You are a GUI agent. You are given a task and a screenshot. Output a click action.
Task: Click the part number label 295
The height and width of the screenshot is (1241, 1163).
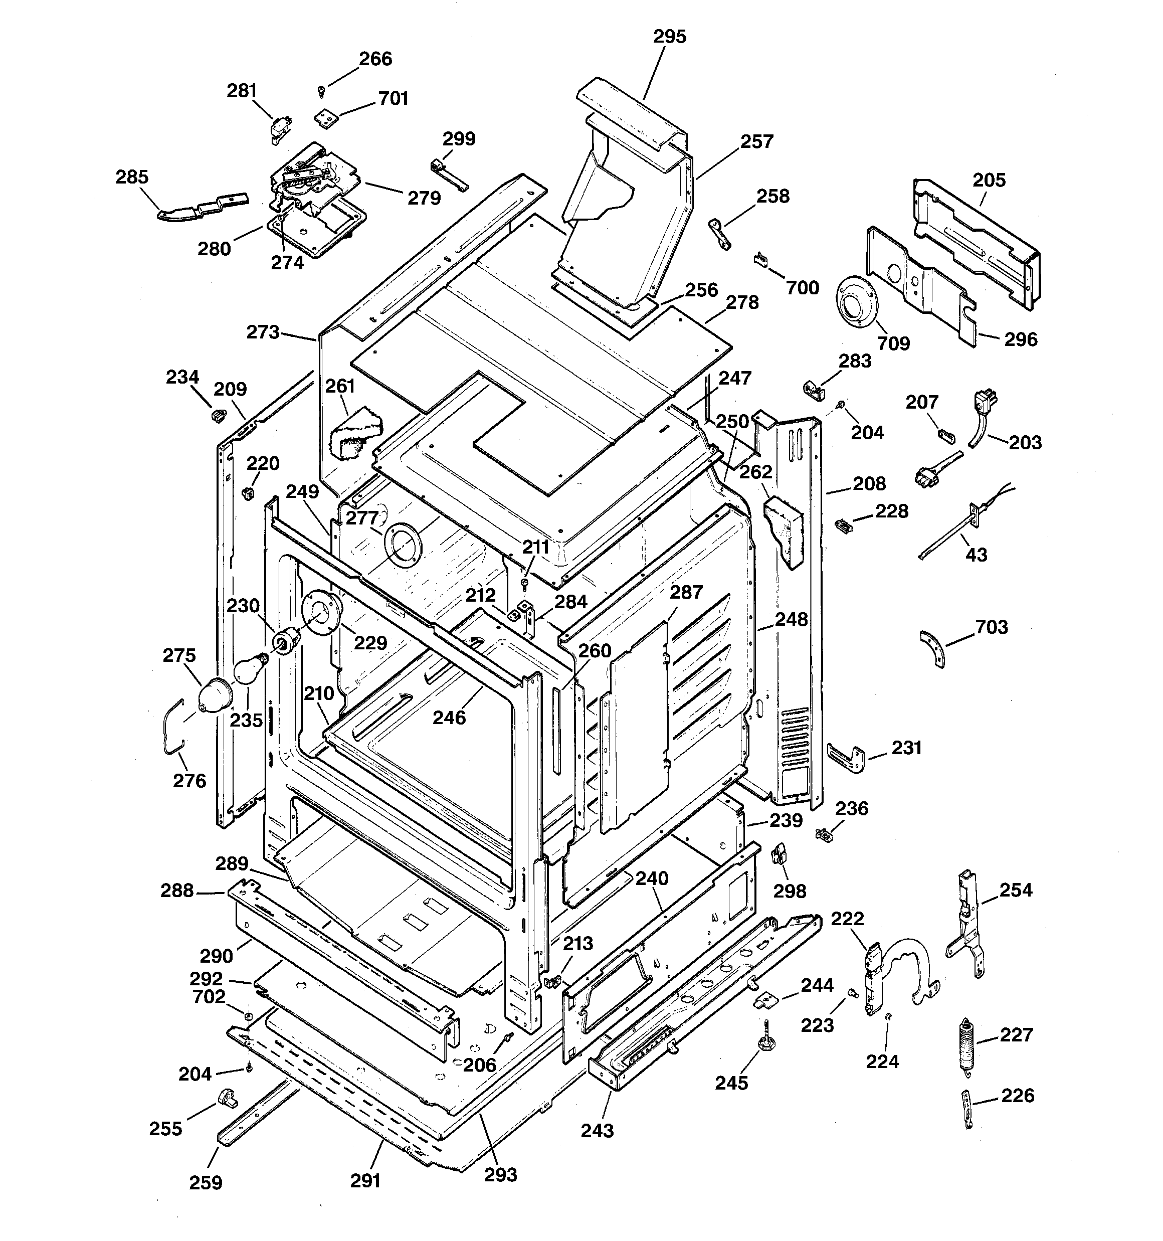669,37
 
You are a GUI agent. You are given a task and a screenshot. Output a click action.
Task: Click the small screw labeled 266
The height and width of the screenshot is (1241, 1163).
321,92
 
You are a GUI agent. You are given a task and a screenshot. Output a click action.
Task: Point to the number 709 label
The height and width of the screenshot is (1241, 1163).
893,343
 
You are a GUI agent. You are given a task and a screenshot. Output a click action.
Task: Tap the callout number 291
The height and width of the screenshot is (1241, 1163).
365,1180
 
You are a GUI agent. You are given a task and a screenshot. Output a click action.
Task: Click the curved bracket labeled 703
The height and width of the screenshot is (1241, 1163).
933,648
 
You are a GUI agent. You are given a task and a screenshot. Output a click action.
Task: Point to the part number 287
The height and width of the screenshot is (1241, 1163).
686,592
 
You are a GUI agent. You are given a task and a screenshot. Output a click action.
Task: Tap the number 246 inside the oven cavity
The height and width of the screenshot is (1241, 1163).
450,718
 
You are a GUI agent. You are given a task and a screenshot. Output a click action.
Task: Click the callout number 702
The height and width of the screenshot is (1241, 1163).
209,996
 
